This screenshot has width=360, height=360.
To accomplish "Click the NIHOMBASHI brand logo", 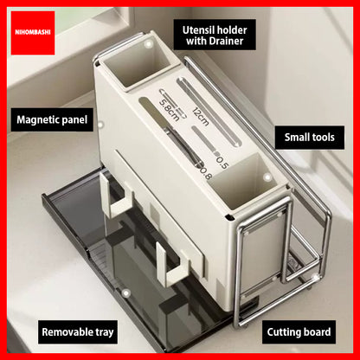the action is [33, 33].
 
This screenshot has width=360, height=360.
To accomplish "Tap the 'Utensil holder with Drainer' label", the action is [215, 35].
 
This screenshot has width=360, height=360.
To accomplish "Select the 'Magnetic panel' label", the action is [52, 119].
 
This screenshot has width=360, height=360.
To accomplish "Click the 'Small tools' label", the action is [310, 138].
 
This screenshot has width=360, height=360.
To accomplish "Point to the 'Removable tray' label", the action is [78, 332].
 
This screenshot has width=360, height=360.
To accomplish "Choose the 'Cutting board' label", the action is [299, 332].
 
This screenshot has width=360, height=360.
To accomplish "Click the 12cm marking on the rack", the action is [200, 117].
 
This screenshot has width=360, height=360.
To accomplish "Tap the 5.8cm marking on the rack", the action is [170, 111].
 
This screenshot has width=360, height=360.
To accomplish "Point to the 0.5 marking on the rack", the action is [222, 163].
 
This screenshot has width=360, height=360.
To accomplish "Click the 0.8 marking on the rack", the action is [206, 173].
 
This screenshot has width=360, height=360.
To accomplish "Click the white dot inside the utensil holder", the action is [149, 44].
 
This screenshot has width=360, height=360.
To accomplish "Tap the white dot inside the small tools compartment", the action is [267, 177].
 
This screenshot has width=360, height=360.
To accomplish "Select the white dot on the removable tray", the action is [125, 293].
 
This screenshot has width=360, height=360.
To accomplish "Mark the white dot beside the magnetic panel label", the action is [100, 125].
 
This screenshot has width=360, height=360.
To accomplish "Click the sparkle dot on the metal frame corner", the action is [315, 278].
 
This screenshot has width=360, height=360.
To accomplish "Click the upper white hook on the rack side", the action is [116, 196].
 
